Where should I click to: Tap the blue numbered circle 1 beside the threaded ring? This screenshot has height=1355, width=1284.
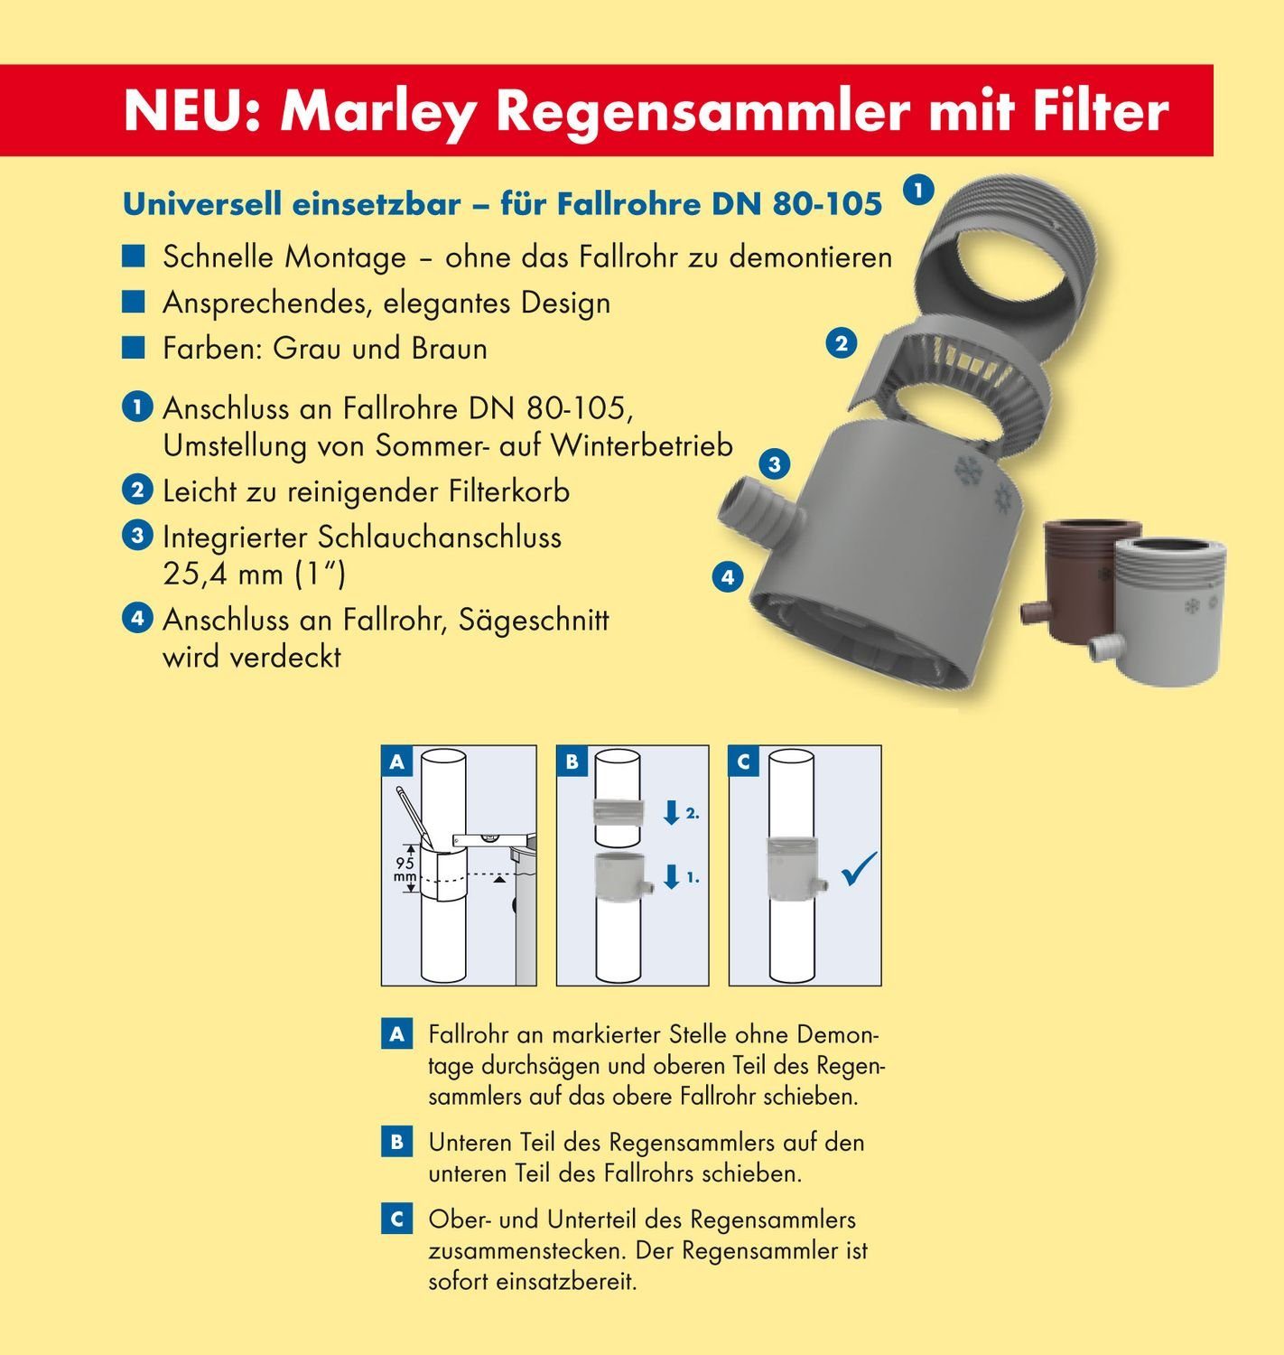coord(918,191)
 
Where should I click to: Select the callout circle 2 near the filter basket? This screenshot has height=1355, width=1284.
coord(842,343)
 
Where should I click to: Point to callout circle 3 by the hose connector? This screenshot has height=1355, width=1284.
coord(774,465)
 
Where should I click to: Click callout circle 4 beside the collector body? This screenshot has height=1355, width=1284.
coord(728,576)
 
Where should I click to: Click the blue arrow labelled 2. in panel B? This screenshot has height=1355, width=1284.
coord(671,811)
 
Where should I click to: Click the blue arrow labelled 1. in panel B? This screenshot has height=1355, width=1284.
coord(671,876)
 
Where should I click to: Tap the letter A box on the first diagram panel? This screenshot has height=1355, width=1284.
coord(396,762)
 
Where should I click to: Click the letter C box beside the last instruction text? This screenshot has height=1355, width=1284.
coord(396,1219)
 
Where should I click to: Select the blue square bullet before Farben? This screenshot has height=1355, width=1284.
coord(134,348)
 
